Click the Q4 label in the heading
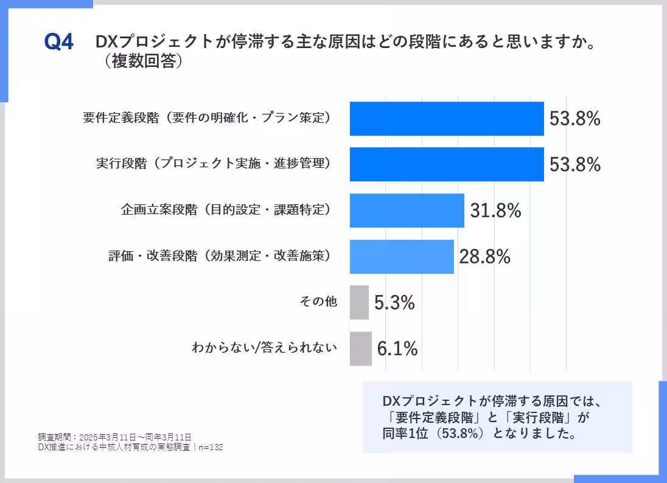coord(59,43)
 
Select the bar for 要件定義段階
coord(446,119)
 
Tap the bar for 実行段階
coord(446,164)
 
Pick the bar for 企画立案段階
coord(407,210)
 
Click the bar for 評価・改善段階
coord(402,257)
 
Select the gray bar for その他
coord(359,302)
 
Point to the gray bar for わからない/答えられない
coord(360,349)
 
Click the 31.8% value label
coord(495,210)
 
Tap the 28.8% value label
coord(484,257)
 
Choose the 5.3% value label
coord(394,302)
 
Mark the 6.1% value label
coord(397,349)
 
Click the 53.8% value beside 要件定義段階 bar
coord(574,119)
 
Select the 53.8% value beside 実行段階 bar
coord(574,164)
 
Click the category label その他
coord(318,301)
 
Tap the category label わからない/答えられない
coord(264,348)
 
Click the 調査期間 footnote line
coord(114,437)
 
